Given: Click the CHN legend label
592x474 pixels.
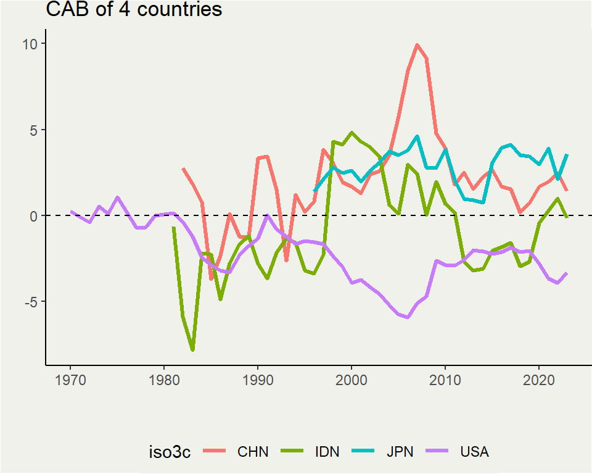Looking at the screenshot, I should (253, 452).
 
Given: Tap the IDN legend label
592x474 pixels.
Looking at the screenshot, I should (327, 452).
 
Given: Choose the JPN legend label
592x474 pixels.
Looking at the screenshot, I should (400, 452).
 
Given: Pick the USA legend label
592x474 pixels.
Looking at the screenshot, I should (474, 452).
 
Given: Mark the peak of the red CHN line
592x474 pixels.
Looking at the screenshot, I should (417, 44).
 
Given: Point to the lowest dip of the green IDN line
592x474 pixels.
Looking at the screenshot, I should (192, 350).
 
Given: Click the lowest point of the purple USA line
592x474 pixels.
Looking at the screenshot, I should (408, 317).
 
